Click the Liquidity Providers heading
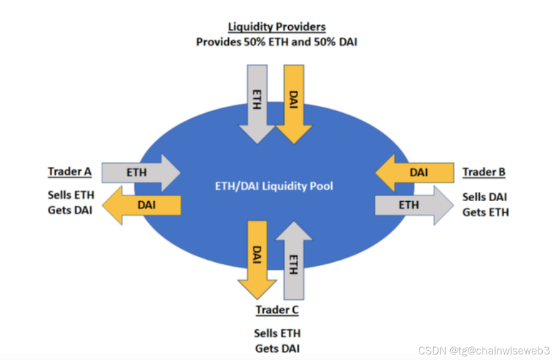[277, 27]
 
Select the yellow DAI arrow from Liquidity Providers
[294, 101]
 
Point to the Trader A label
[69, 172]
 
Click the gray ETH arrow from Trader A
[139, 172]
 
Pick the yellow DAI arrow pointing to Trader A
[142, 204]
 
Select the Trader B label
[484, 172]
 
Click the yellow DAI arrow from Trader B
[415, 172]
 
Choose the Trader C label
[277, 310]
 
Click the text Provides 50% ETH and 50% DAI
[277, 42]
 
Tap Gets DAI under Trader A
[71, 211]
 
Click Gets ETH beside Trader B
[485, 212]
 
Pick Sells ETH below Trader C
[277, 334]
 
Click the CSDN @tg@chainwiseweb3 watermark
[483, 350]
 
